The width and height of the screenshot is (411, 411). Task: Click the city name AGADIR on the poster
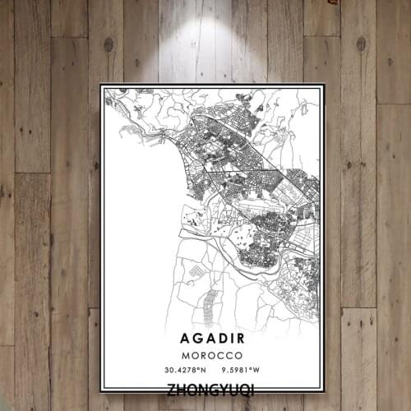(x=213, y=338)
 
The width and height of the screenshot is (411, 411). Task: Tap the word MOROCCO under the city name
(x=213, y=355)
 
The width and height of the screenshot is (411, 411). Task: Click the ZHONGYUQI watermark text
(x=210, y=388)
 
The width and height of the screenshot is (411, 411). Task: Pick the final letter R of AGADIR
(x=245, y=338)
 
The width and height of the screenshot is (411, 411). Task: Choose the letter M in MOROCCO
(x=187, y=355)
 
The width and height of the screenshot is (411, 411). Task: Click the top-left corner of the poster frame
(x=101, y=85)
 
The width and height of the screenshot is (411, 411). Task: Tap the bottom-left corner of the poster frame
(x=101, y=391)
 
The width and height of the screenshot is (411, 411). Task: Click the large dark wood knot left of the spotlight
(x=108, y=44)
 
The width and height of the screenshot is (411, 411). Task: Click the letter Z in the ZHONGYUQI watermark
(x=171, y=388)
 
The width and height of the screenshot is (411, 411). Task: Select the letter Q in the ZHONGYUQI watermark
(x=244, y=388)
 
